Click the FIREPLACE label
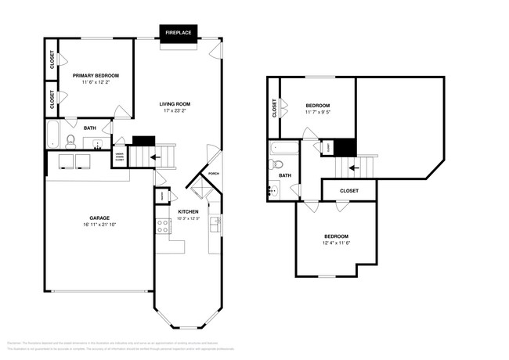click(179, 33)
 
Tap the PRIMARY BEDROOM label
click(96, 76)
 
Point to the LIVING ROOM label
click(175, 103)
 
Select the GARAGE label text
click(99, 218)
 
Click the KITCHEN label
click(188, 211)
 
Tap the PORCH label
click(213, 175)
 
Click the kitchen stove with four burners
click(164, 226)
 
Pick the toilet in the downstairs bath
click(70, 142)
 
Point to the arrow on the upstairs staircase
click(353, 167)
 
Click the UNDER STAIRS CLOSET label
click(120, 155)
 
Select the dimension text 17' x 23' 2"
click(175, 111)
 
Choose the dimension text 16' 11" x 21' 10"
click(99, 225)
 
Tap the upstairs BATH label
click(285, 175)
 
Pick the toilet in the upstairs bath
click(276, 165)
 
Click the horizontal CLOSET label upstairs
click(349, 190)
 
